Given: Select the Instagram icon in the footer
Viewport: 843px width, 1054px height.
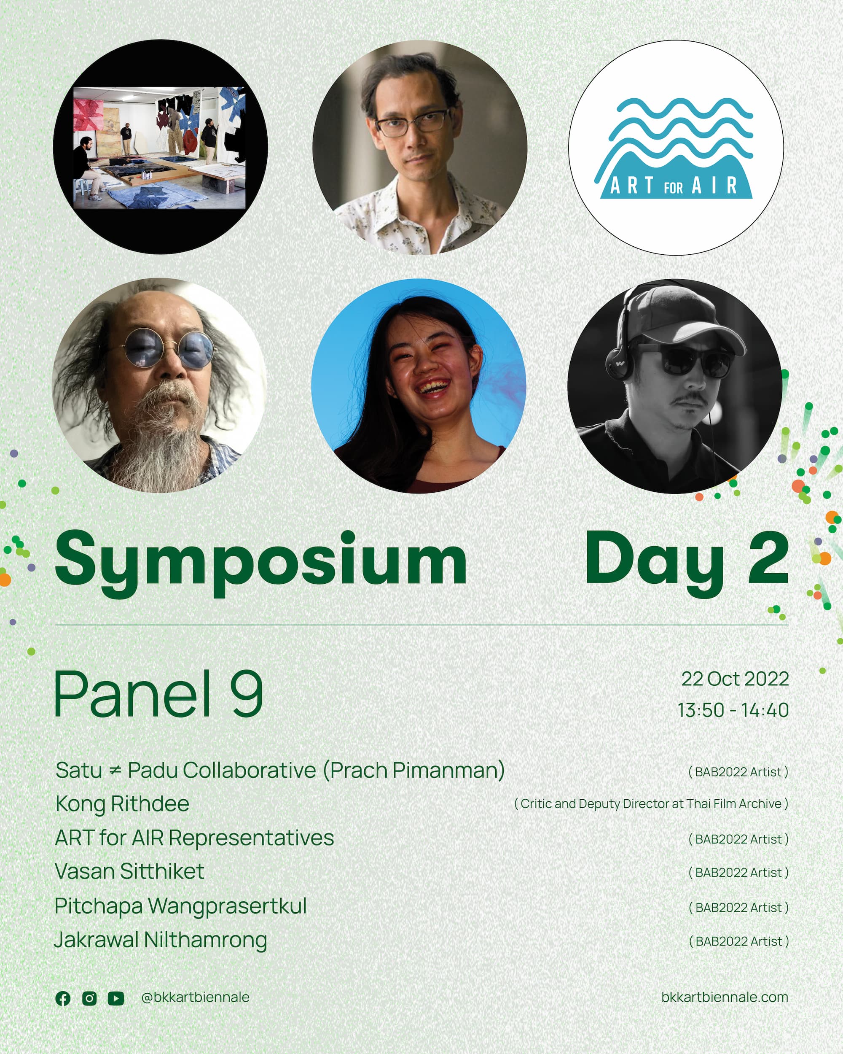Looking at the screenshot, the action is coord(89,998).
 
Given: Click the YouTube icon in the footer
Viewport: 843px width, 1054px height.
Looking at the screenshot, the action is coord(116,998).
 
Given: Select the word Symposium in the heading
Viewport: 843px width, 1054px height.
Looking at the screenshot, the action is coord(261,562).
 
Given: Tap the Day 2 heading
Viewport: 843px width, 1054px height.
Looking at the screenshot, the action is coord(687,562).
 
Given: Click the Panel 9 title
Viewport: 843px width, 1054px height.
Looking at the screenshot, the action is coord(159,694).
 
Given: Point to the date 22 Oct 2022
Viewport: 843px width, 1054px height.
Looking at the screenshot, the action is coord(735,679).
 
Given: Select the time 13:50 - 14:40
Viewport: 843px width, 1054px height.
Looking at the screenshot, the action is coord(733,710).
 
